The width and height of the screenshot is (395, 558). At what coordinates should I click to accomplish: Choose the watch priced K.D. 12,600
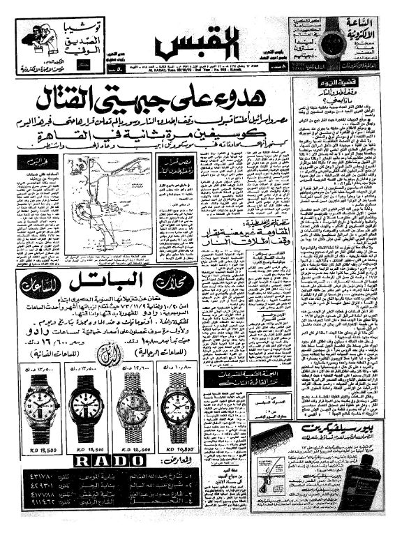133,407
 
